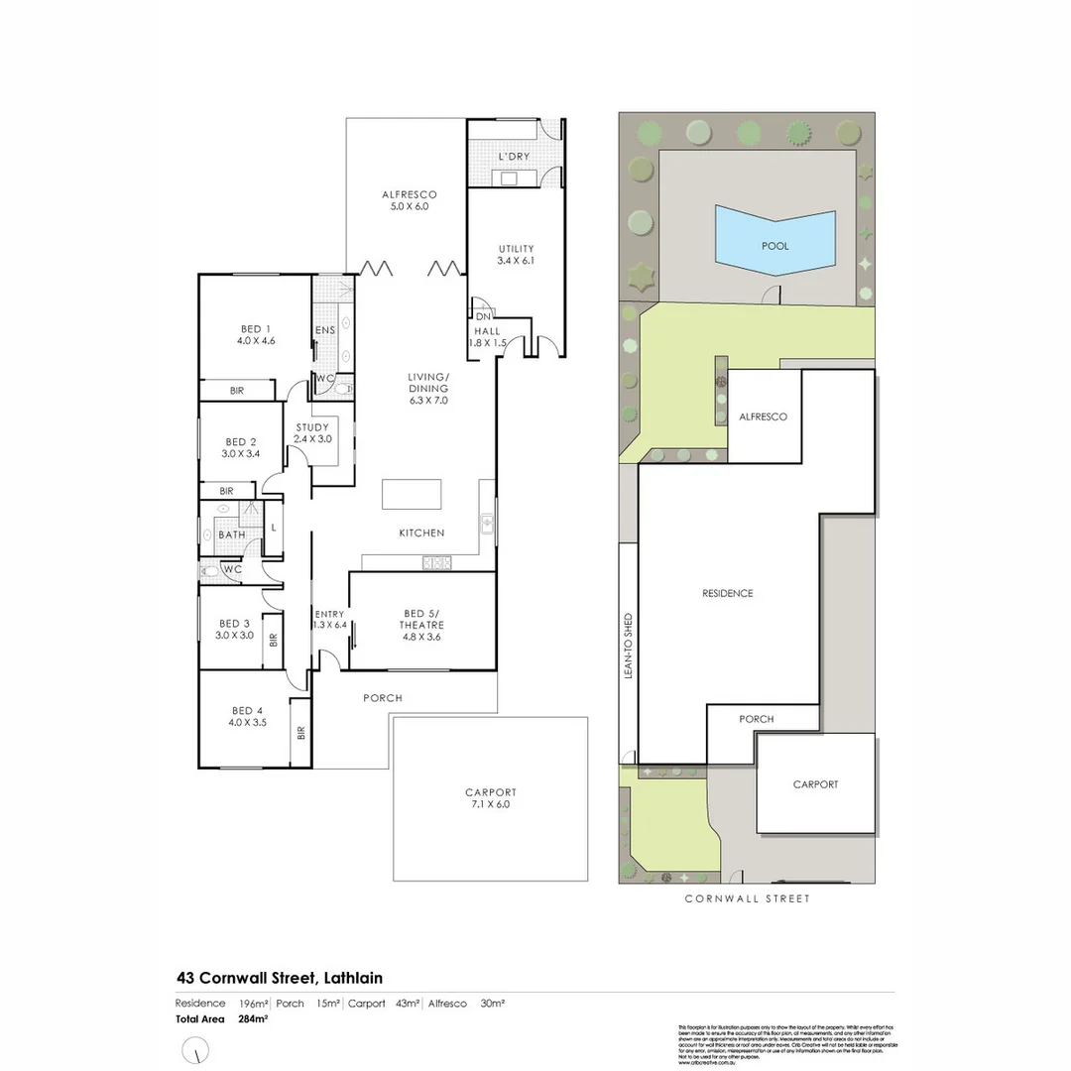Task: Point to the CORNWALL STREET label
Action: [x=748, y=898]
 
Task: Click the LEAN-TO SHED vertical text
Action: [x=628, y=645]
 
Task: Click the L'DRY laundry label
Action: [x=515, y=158]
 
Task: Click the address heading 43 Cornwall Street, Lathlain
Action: [x=280, y=978]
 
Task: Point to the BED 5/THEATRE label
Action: [x=421, y=619]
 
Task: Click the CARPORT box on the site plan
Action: [x=815, y=783]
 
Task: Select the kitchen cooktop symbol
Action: [x=437, y=563]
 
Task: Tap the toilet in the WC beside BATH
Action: [x=211, y=570]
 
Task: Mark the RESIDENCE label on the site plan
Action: [x=728, y=593]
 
